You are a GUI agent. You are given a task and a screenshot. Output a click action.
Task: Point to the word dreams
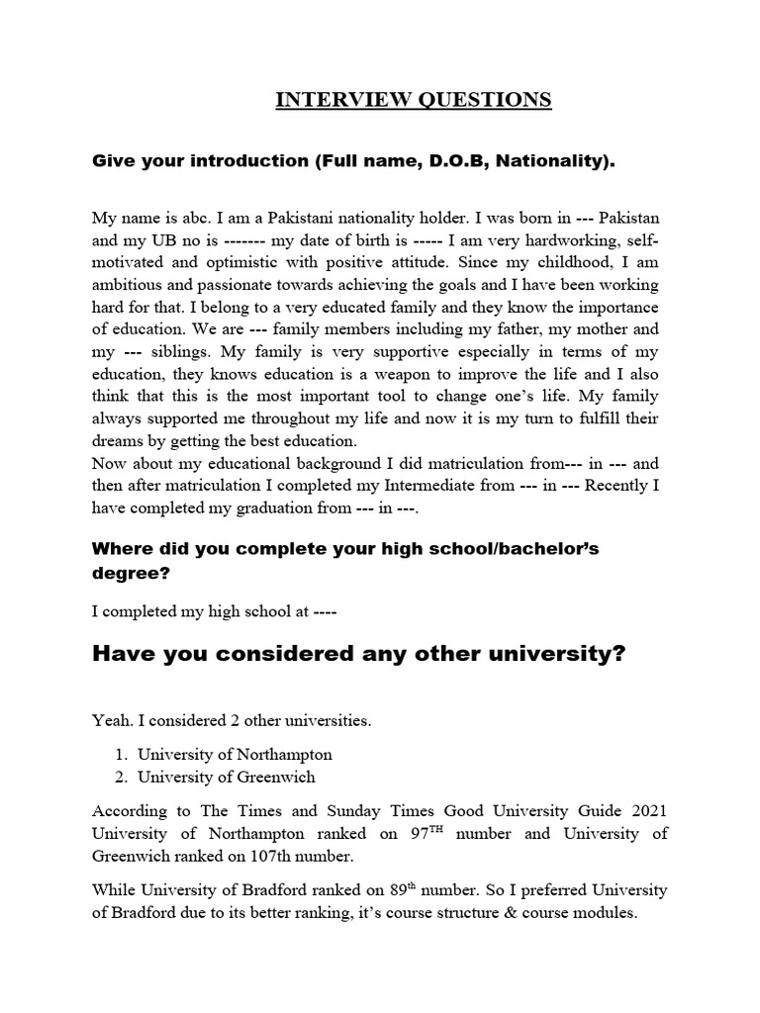[x=119, y=441]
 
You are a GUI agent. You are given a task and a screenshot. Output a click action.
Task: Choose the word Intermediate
[x=434, y=486]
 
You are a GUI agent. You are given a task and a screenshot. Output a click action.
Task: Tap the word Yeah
[x=111, y=720]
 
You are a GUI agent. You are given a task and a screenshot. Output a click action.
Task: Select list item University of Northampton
[x=235, y=754]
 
